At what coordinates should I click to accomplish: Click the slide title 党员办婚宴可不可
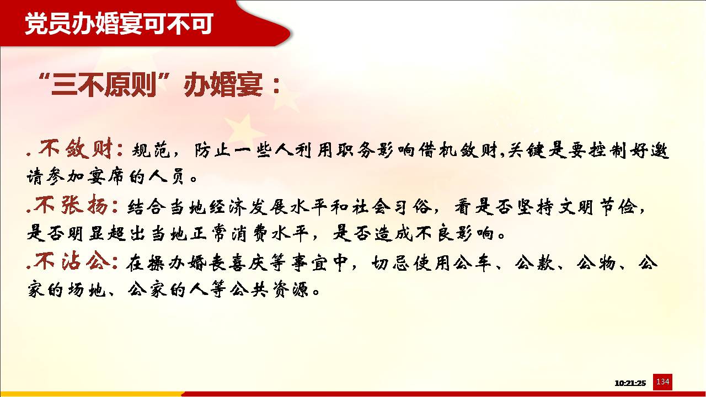pyautogui.click(x=119, y=24)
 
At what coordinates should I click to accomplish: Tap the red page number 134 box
pyautogui.click(x=662, y=382)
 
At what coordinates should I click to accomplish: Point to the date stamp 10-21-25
pyautogui.click(x=630, y=383)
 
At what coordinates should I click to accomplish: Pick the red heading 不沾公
pyautogui.click(x=72, y=261)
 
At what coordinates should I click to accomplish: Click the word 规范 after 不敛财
pyautogui.click(x=151, y=150)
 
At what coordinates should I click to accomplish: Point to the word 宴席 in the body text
pyautogui.click(x=106, y=177)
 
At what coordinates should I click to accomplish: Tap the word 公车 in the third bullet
pyautogui.click(x=473, y=263)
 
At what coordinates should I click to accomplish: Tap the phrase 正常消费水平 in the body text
pyautogui.click(x=250, y=234)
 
